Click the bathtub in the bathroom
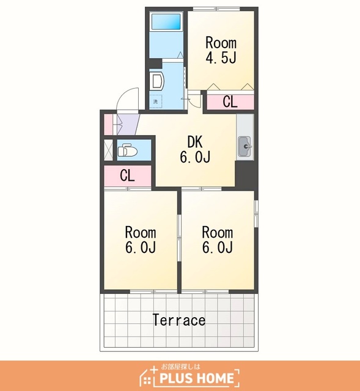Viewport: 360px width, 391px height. [166, 21]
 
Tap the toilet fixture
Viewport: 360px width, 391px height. [128, 150]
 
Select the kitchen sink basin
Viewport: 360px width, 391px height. [244, 147]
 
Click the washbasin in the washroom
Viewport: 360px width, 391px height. [157, 81]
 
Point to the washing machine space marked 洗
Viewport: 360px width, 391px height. [156, 101]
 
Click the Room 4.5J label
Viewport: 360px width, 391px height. [221, 50]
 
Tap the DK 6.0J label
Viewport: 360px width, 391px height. [195, 149]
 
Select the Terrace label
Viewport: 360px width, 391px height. [179, 320]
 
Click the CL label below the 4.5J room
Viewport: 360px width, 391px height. [230, 101]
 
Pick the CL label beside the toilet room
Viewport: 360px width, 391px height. [127, 175]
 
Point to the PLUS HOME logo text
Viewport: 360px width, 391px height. [197, 378]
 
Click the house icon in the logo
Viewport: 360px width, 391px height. [148, 376]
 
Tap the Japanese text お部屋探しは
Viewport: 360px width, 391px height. [181, 367]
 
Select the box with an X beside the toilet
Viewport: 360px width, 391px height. [108, 150]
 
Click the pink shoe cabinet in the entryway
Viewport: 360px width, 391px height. [108, 124]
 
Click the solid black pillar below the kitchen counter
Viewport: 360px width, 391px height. [246, 175]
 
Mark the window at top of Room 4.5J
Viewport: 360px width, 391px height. [216, 9]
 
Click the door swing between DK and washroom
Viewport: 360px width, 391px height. [194, 99]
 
